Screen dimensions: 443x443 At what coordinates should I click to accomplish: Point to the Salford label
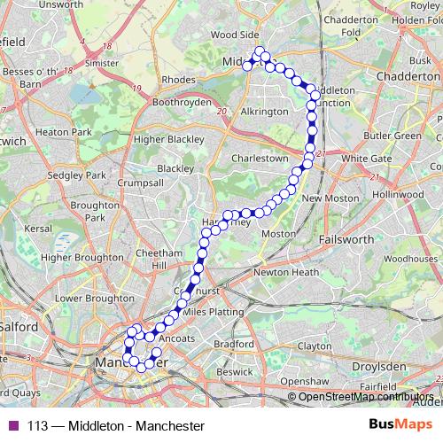(x=19, y=326)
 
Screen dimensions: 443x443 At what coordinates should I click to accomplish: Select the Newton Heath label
(x=285, y=272)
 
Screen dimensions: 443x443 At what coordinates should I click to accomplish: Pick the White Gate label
(x=366, y=159)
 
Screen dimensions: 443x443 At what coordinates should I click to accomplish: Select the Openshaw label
(x=305, y=381)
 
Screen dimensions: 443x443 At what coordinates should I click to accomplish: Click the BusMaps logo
(x=397, y=425)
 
